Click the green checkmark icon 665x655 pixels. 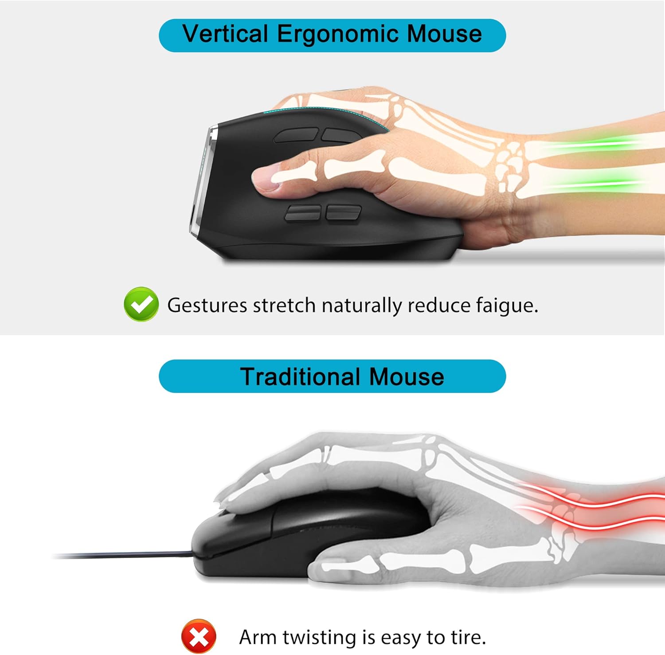[x=141, y=304]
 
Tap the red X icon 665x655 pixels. [x=199, y=637]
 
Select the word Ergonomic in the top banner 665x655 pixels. [x=337, y=35]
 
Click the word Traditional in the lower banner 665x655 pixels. [x=300, y=377]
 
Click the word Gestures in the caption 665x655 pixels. [x=207, y=306]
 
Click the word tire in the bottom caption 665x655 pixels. [x=468, y=637]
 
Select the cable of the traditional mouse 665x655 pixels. [x=124, y=555]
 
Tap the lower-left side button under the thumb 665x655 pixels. [x=303, y=212]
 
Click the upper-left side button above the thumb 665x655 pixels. [x=296, y=135]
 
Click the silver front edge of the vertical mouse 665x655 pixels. [x=202, y=182]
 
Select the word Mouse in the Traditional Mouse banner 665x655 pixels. [x=406, y=377]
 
